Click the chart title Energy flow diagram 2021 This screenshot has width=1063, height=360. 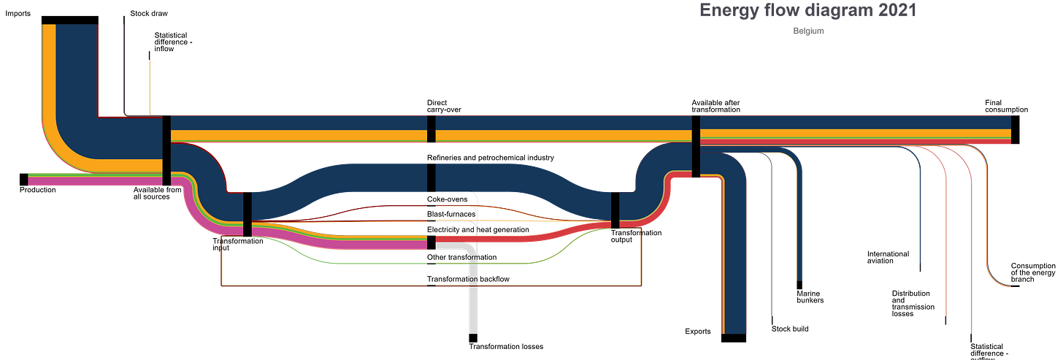[x=807, y=10]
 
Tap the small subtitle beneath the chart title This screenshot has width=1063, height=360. [x=808, y=32]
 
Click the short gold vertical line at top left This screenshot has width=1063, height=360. [x=149, y=86]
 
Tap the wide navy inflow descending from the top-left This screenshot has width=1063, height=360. [x=77, y=73]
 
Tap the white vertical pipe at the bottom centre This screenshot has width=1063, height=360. [x=474, y=310]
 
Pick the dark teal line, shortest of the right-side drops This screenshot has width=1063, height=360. [x=921, y=219]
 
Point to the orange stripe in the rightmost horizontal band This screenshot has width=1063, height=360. [x=854, y=133]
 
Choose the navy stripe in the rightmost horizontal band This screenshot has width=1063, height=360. [x=854, y=121]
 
